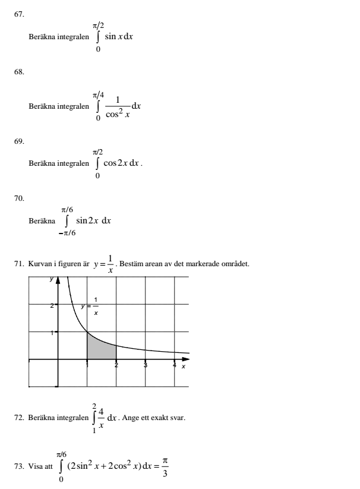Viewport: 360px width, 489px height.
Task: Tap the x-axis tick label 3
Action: pos(146,366)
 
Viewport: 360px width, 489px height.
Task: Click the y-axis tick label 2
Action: pos(52,305)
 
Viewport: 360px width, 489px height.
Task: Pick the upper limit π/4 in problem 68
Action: pos(99,92)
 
